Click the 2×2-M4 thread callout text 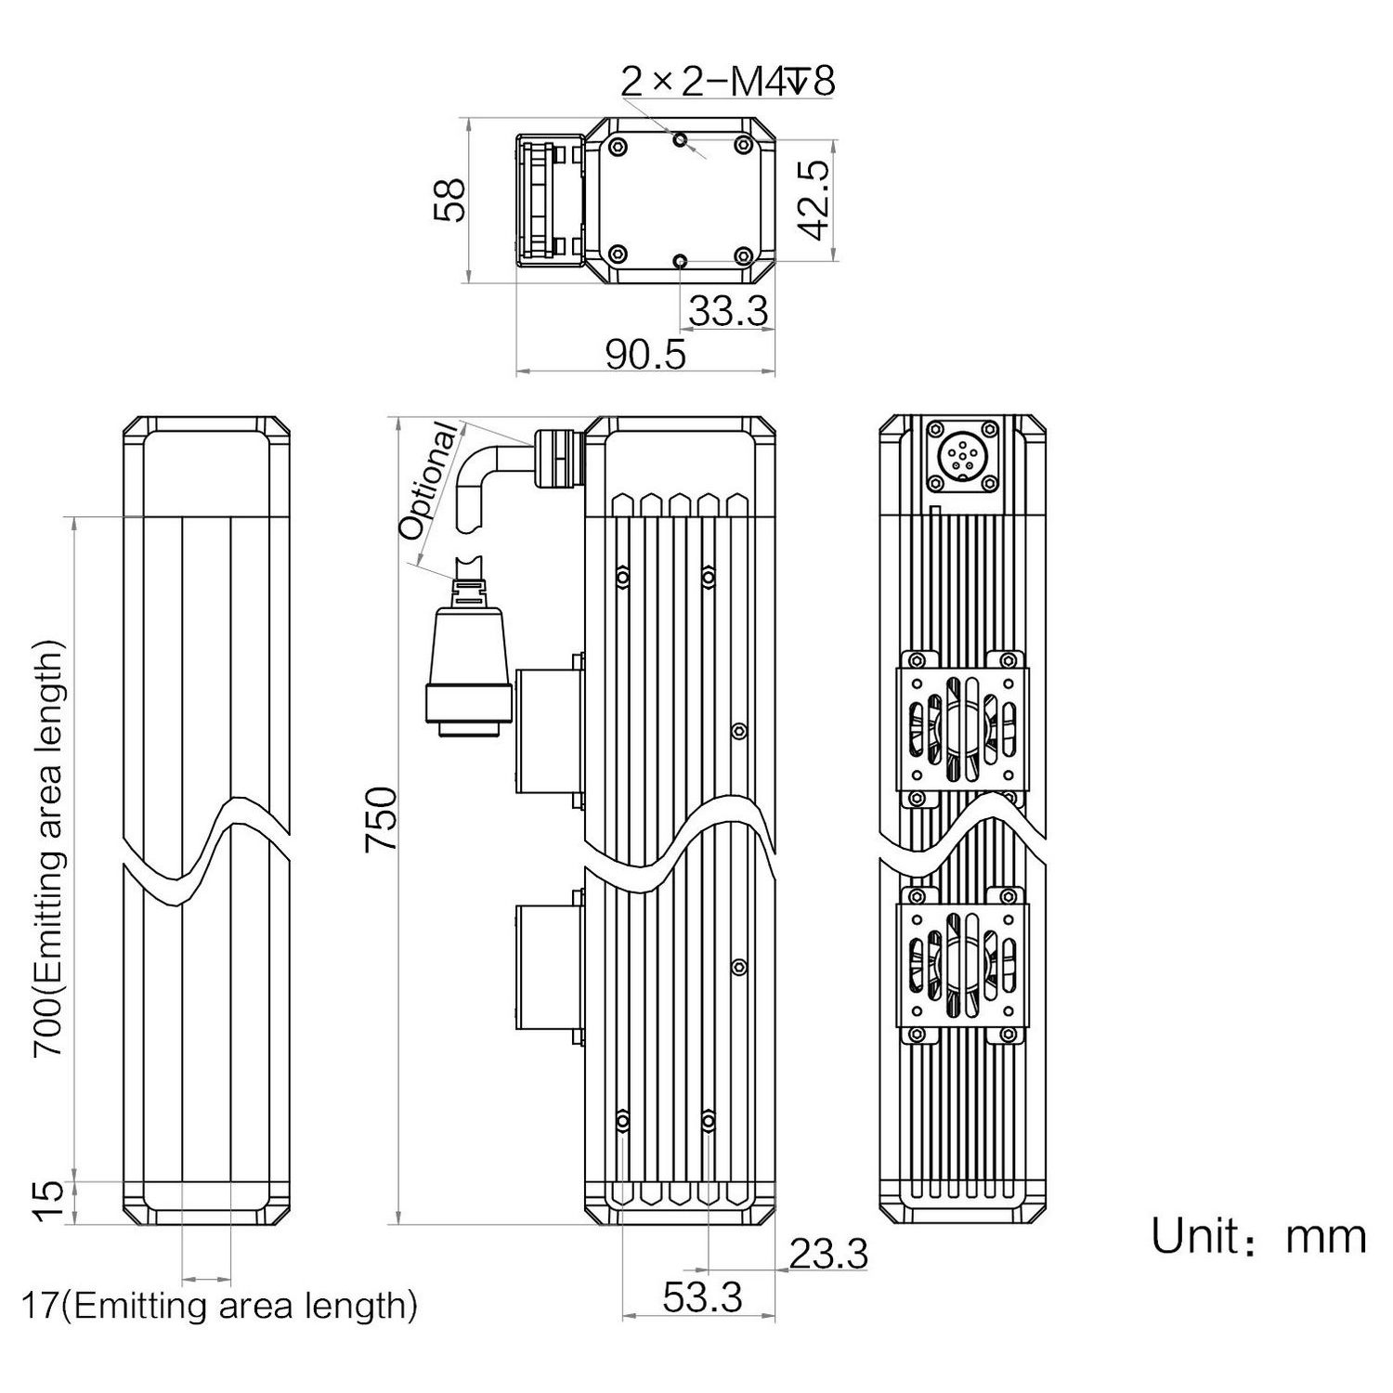click(728, 82)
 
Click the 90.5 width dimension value click(645, 355)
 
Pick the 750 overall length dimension click(382, 819)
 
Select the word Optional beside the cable click(429, 481)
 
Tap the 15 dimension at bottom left click(51, 1202)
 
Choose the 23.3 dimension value click(828, 1254)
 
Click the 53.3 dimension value click(702, 1297)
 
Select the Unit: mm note click(1258, 1237)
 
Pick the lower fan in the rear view click(962, 966)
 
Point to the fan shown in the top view click(550, 200)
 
